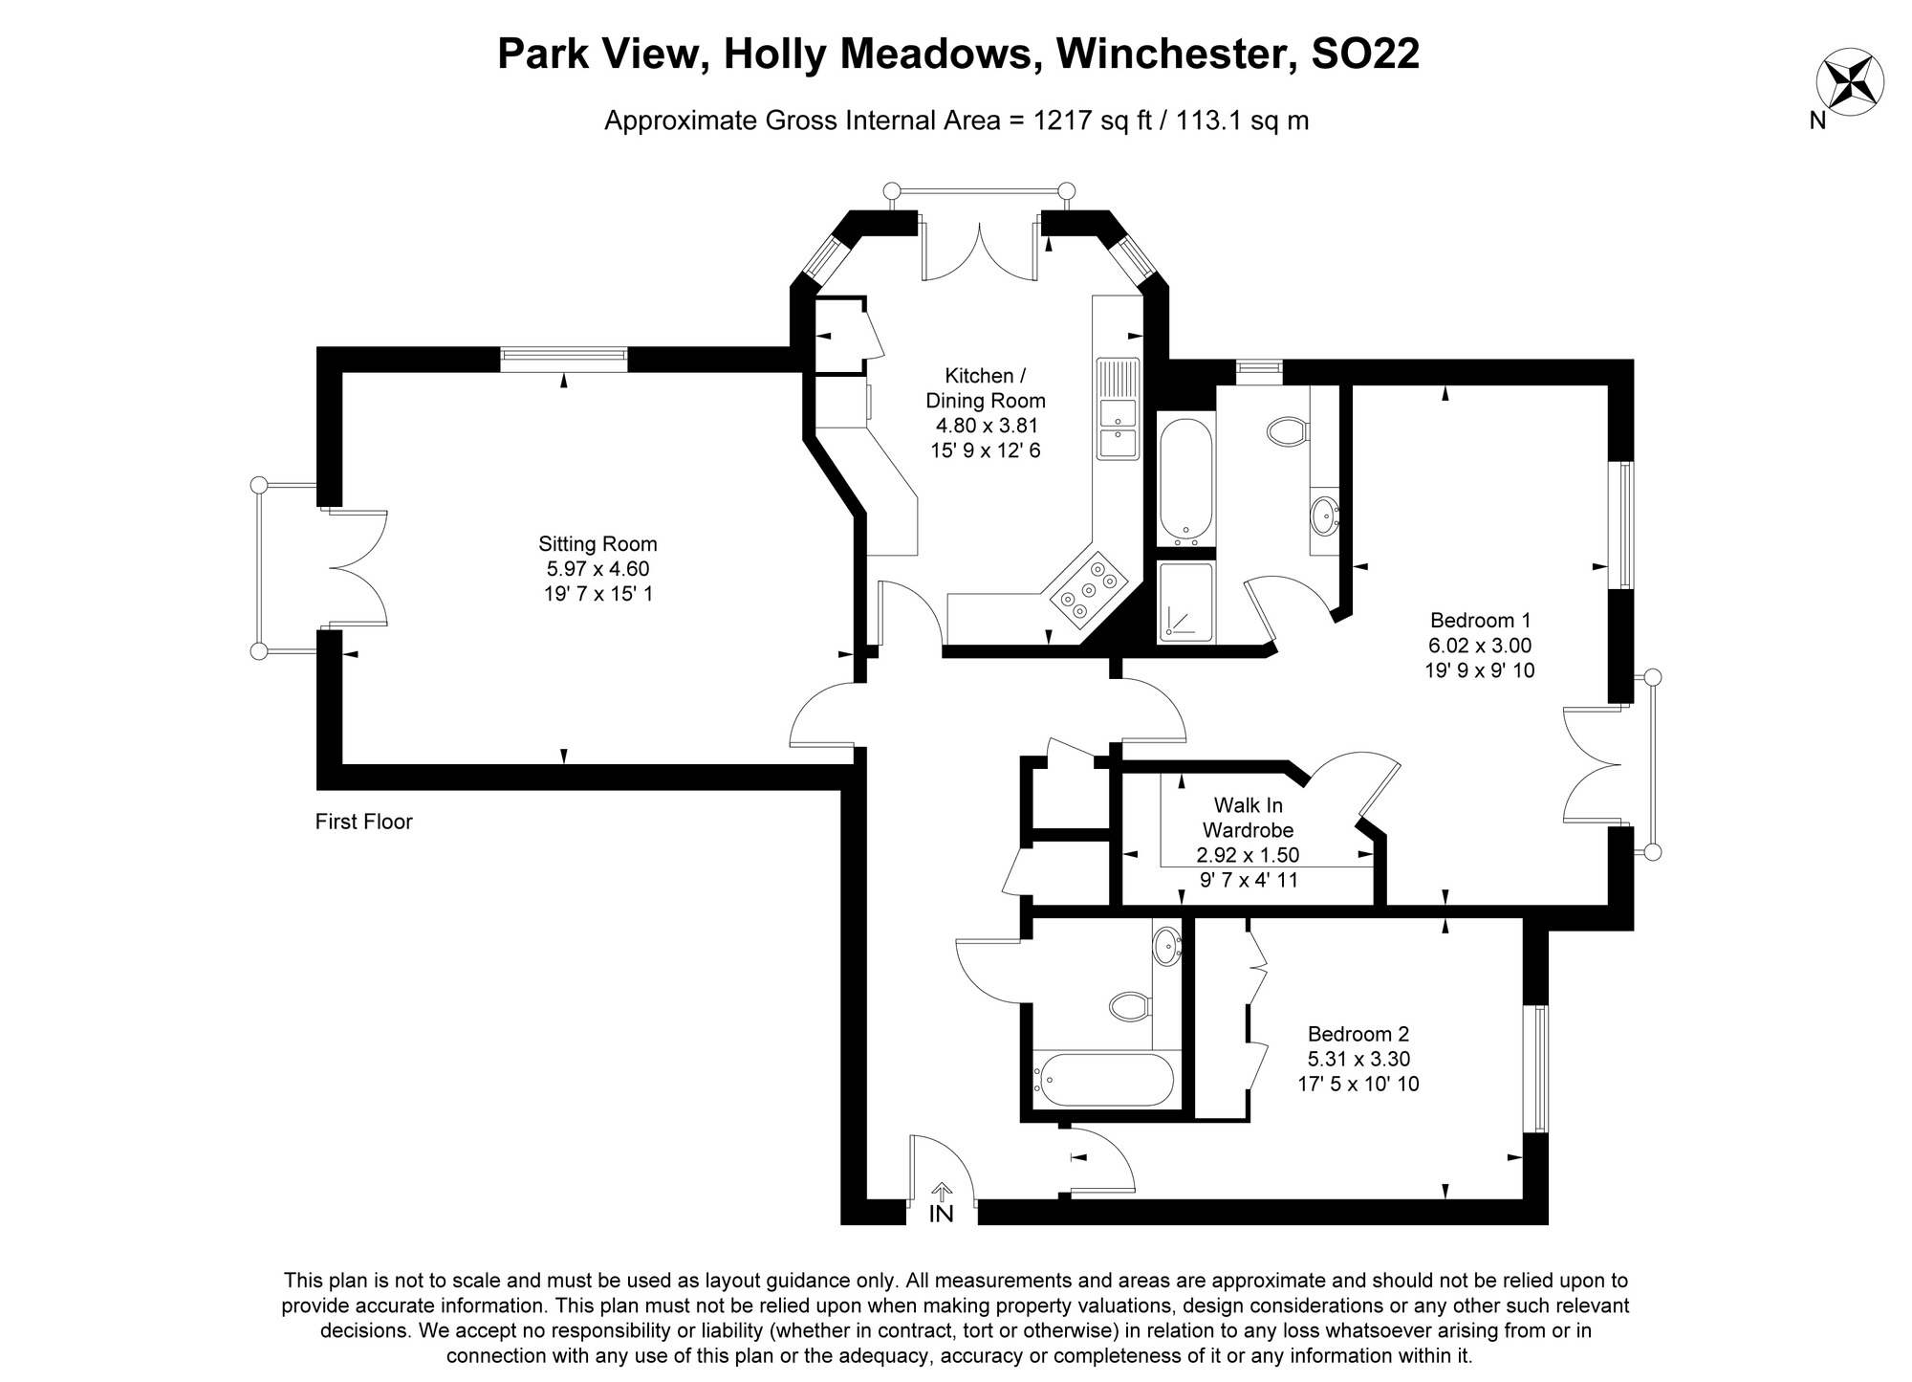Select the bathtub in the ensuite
coord(1185,481)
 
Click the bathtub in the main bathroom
coord(1102,1080)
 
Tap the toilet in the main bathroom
coord(1129,1005)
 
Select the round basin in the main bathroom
coord(1165,947)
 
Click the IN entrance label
coord(942,1214)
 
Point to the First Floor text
coord(363,822)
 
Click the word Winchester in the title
coord(1173,55)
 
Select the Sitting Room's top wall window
coord(564,359)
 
